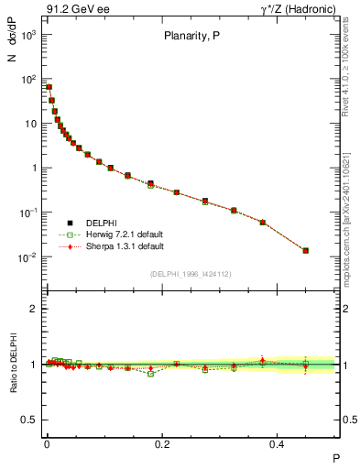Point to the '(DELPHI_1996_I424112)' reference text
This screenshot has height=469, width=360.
click(x=190, y=273)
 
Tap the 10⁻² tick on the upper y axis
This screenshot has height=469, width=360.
click(x=28, y=257)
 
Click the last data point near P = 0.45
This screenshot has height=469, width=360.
click(x=306, y=250)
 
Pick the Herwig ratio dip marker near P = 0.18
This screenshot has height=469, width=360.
click(x=151, y=374)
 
